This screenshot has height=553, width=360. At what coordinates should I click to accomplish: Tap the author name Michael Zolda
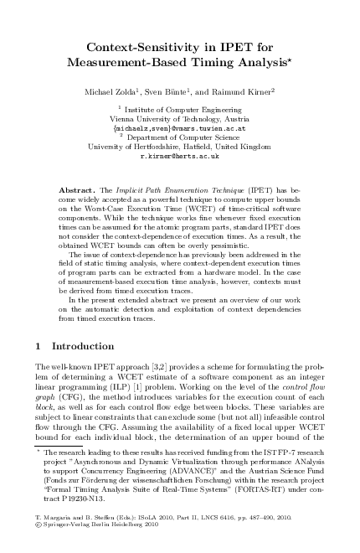(x=126, y=89)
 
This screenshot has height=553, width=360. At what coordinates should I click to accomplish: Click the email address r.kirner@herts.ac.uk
(x=180, y=156)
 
